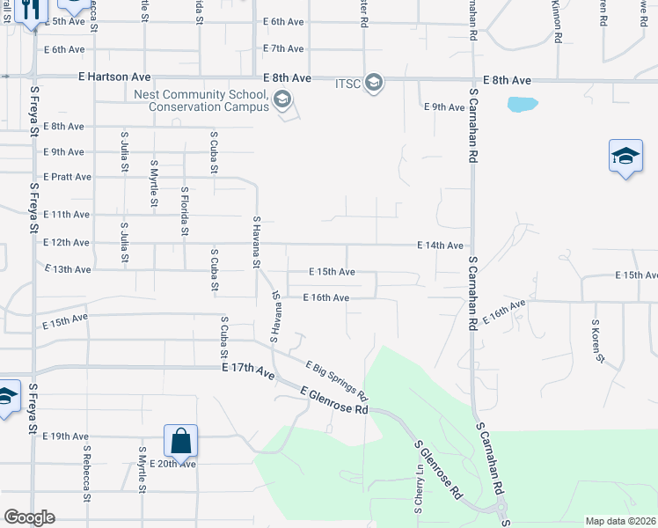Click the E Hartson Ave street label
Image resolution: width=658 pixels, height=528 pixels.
click(x=114, y=77)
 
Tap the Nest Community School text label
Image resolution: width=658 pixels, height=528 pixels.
click(x=201, y=94)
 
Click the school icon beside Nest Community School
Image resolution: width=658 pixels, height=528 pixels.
click(x=281, y=99)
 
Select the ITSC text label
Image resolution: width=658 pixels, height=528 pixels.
click(x=347, y=83)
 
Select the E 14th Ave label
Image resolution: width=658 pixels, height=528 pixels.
click(x=440, y=246)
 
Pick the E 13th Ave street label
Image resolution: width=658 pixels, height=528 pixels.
click(x=67, y=269)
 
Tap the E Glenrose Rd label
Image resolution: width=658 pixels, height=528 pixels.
click(x=333, y=399)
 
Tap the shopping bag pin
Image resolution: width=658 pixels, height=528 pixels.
click(x=180, y=440)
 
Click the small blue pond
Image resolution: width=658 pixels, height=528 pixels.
click(x=522, y=104)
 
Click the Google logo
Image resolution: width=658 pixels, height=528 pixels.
click(x=29, y=517)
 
